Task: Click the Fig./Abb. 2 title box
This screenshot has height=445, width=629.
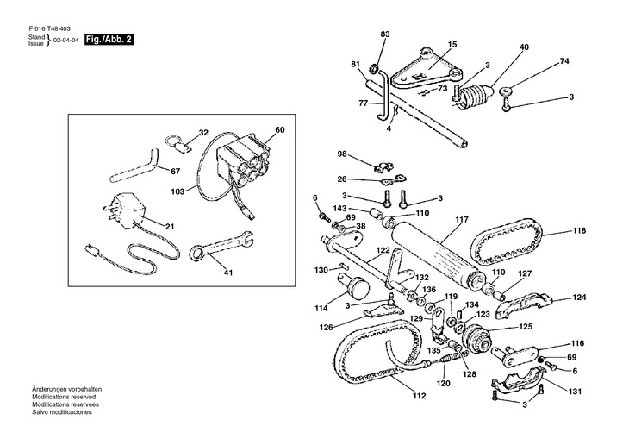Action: pyautogui.click(x=109, y=40)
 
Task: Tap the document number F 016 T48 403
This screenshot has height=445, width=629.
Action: pyautogui.click(x=49, y=29)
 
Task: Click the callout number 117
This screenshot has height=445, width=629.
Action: pyautogui.click(x=462, y=220)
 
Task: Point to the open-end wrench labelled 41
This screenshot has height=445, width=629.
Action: pyautogui.click(x=221, y=246)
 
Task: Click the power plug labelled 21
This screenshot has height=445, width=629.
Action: pyautogui.click(x=122, y=211)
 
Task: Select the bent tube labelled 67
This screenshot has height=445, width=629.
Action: pyautogui.click(x=134, y=167)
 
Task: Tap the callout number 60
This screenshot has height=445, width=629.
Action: pyautogui.click(x=279, y=129)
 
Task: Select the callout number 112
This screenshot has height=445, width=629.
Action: pyautogui.click(x=419, y=396)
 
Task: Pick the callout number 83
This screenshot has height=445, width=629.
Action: pyautogui.click(x=384, y=34)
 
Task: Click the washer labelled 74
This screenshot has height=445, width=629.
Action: pyautogui.click(x=505, y=91)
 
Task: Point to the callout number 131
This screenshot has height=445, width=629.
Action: pyautogui.click(x=575, y=392)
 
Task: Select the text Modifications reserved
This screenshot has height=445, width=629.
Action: pyautogui.click(x=64, y=397)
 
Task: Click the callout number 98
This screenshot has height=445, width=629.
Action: pyautogui.click(x=341, y=154)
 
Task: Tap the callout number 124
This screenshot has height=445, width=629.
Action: pyautogui.click(x=579, y=298)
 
